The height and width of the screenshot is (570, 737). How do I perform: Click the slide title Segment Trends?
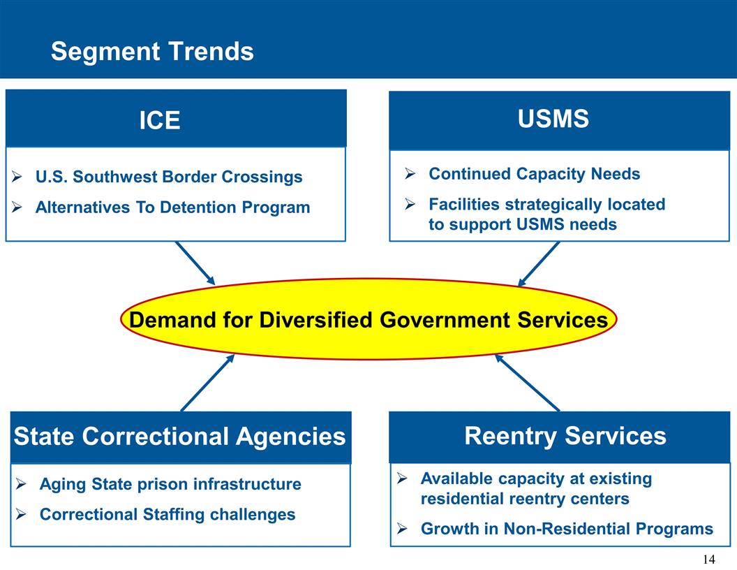tap(152, 51)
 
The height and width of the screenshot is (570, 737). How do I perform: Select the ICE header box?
tap(176, 119)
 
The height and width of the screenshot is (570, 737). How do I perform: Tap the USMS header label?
tap(553, 119)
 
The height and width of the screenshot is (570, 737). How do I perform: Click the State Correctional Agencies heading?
tap(179, 437)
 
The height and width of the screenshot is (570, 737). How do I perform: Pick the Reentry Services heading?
tap(565, 436)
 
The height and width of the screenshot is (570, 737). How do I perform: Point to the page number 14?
tap(708, 559)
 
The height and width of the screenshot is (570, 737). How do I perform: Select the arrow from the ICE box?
tap(195, 263)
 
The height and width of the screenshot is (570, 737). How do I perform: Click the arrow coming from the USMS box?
tap(539, 264)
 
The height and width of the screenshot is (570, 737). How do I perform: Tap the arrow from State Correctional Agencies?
tap(207, 383)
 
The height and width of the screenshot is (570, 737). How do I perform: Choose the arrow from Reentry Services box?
tap(528, 383)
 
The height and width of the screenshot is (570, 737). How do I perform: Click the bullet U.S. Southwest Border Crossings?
tap(169, 177)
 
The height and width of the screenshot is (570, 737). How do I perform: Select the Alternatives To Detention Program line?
tap(172, 207)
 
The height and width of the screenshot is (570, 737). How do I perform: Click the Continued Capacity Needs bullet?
tap(534, 173)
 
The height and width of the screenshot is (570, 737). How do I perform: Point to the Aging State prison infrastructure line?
tap(170, 484)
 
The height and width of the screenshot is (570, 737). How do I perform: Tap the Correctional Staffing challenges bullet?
tap(167, 515)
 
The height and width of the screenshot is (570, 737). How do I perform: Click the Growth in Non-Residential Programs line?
tap(567, 529)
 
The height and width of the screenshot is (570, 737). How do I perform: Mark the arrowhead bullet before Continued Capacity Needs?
tap(411, 173)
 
